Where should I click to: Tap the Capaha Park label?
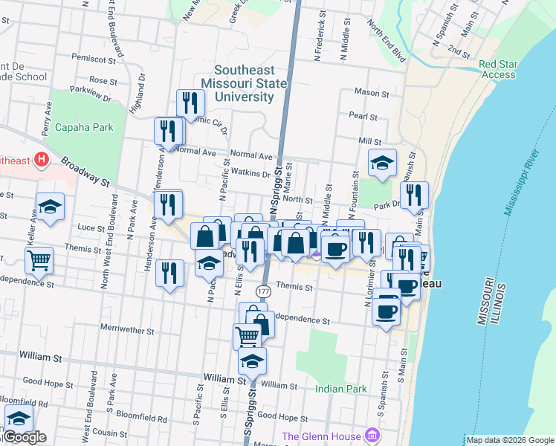84,127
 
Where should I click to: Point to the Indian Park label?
341,389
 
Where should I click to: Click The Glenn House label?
320,436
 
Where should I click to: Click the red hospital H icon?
41,160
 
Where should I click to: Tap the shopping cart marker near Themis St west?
39,260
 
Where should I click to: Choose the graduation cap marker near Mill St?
382,163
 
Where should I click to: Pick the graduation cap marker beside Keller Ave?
50,207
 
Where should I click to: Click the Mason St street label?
372,94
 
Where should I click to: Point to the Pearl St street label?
363,117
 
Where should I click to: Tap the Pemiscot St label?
96,58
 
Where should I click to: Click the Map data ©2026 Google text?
509,440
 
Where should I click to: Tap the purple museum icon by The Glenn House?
372,436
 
